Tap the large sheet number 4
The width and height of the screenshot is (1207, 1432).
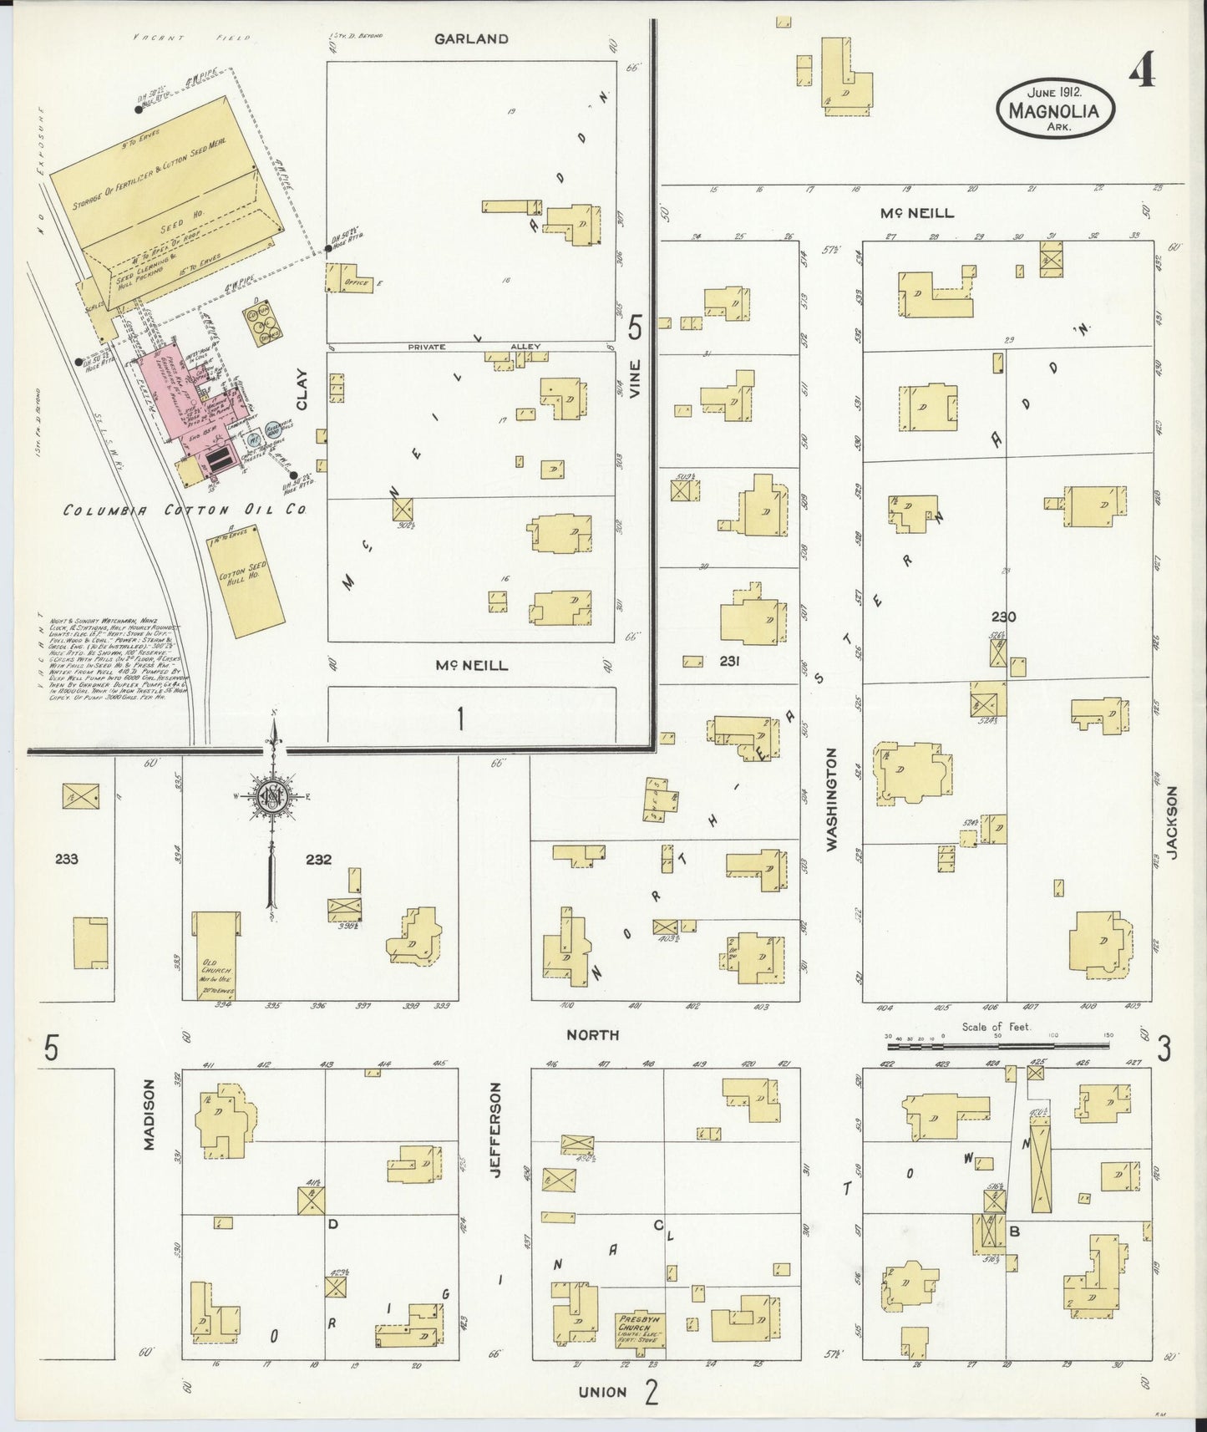[x=1142, y=73]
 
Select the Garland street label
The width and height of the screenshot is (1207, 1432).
[x=471, y=38]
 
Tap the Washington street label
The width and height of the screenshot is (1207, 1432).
[x=832, y=800]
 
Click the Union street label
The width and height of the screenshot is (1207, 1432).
[x=602, y=1392]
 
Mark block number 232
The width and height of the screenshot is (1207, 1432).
[x=318, y=859]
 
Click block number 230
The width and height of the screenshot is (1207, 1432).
[x=1003, y=617]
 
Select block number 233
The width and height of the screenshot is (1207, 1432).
[x=66, y=858]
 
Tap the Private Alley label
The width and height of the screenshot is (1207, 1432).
[x=473, y=347]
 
